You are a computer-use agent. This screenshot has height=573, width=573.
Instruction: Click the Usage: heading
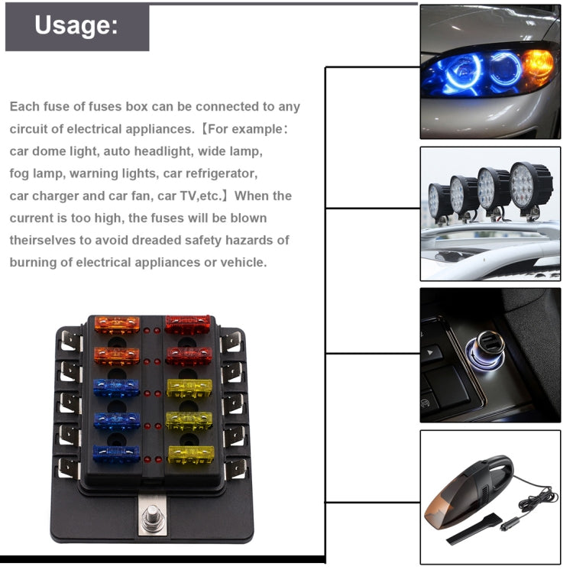click(x=76, y=26)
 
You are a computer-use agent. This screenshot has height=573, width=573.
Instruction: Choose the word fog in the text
click(x=19, y=173)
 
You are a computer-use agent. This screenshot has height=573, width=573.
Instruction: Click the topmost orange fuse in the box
click(x=116, y=325)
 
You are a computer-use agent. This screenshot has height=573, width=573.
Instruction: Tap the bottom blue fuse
click(x=116, y=454)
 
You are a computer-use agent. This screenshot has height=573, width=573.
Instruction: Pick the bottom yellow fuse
click(x=190, y=455)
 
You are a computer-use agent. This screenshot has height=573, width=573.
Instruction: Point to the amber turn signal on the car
click(x=537, y=66)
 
